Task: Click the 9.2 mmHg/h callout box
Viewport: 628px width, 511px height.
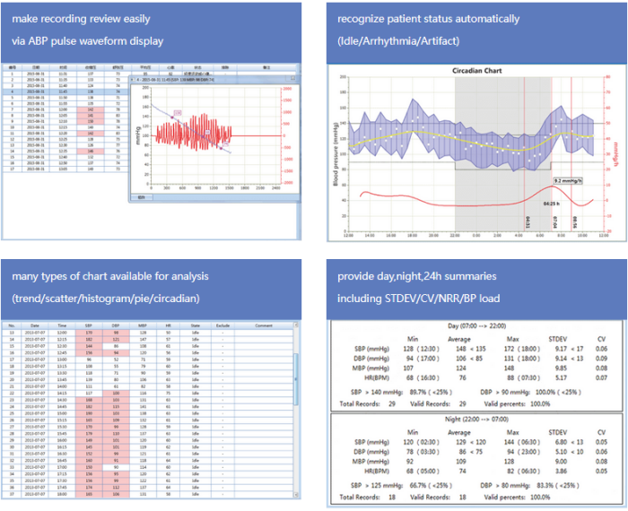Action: tap(571, 179)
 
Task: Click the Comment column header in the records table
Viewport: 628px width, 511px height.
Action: tap(264, 325)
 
